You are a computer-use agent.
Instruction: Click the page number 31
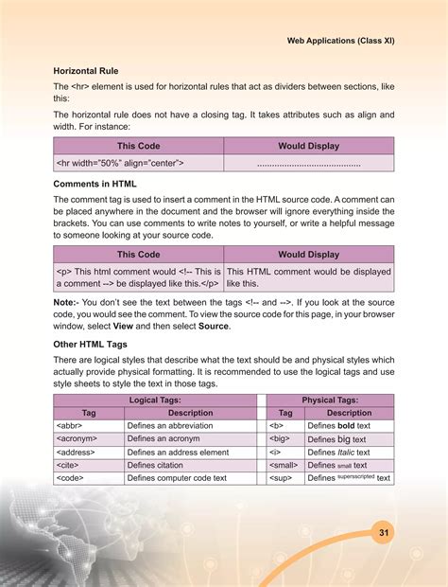[384, 533]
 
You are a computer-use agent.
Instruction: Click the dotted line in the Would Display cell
[308, 164]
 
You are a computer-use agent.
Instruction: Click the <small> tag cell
[284, 466]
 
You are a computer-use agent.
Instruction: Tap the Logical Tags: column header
[154, 400]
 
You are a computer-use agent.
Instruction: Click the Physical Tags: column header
[334, 400]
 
